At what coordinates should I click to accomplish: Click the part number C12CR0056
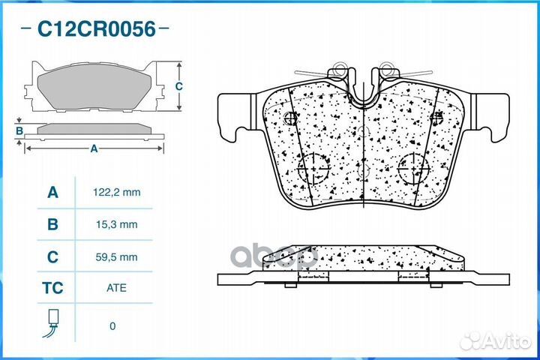point(97,29)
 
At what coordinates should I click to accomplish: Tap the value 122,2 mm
point(117,192)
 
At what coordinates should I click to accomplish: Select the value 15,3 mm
point(117,224)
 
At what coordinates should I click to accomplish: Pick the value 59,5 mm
point(117,257)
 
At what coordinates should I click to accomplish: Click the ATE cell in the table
point(116,288)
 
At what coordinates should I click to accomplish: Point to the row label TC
point(52,288)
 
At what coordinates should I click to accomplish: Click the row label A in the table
point(52,192)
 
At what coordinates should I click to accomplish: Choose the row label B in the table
point(52,224)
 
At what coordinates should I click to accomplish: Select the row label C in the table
point(52,257)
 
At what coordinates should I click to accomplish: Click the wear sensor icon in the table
point(52,323)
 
